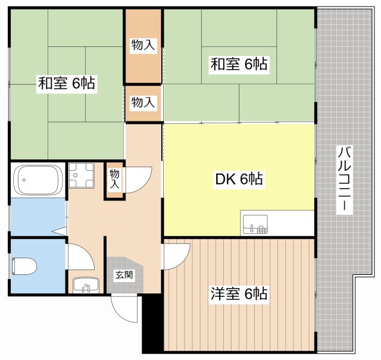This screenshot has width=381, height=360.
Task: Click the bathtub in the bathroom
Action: (x=38, y=180)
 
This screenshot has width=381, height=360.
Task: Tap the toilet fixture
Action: (x=24, y=267)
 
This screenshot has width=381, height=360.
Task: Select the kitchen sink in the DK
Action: (x=255, y=224)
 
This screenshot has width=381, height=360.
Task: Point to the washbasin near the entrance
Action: (x=86, y=285)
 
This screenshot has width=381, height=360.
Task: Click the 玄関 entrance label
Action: (x=124, y=275)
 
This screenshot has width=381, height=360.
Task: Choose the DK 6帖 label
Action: (x=239, y=179)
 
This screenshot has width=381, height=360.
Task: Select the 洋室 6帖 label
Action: (x=239, y=293)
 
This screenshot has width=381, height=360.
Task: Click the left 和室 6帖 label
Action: (x=67, y=83)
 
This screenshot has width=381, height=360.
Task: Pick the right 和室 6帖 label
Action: (x=239, y=64)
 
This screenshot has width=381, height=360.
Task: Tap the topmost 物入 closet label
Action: (x=143, y=45)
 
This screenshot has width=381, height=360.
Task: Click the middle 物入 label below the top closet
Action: (x=143, y=102)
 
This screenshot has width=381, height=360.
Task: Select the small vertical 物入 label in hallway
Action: (x=114, y=179)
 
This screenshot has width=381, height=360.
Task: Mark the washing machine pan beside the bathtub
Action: (x=81, y=175)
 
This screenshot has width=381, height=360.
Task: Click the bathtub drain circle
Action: (x=24, y=180)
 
